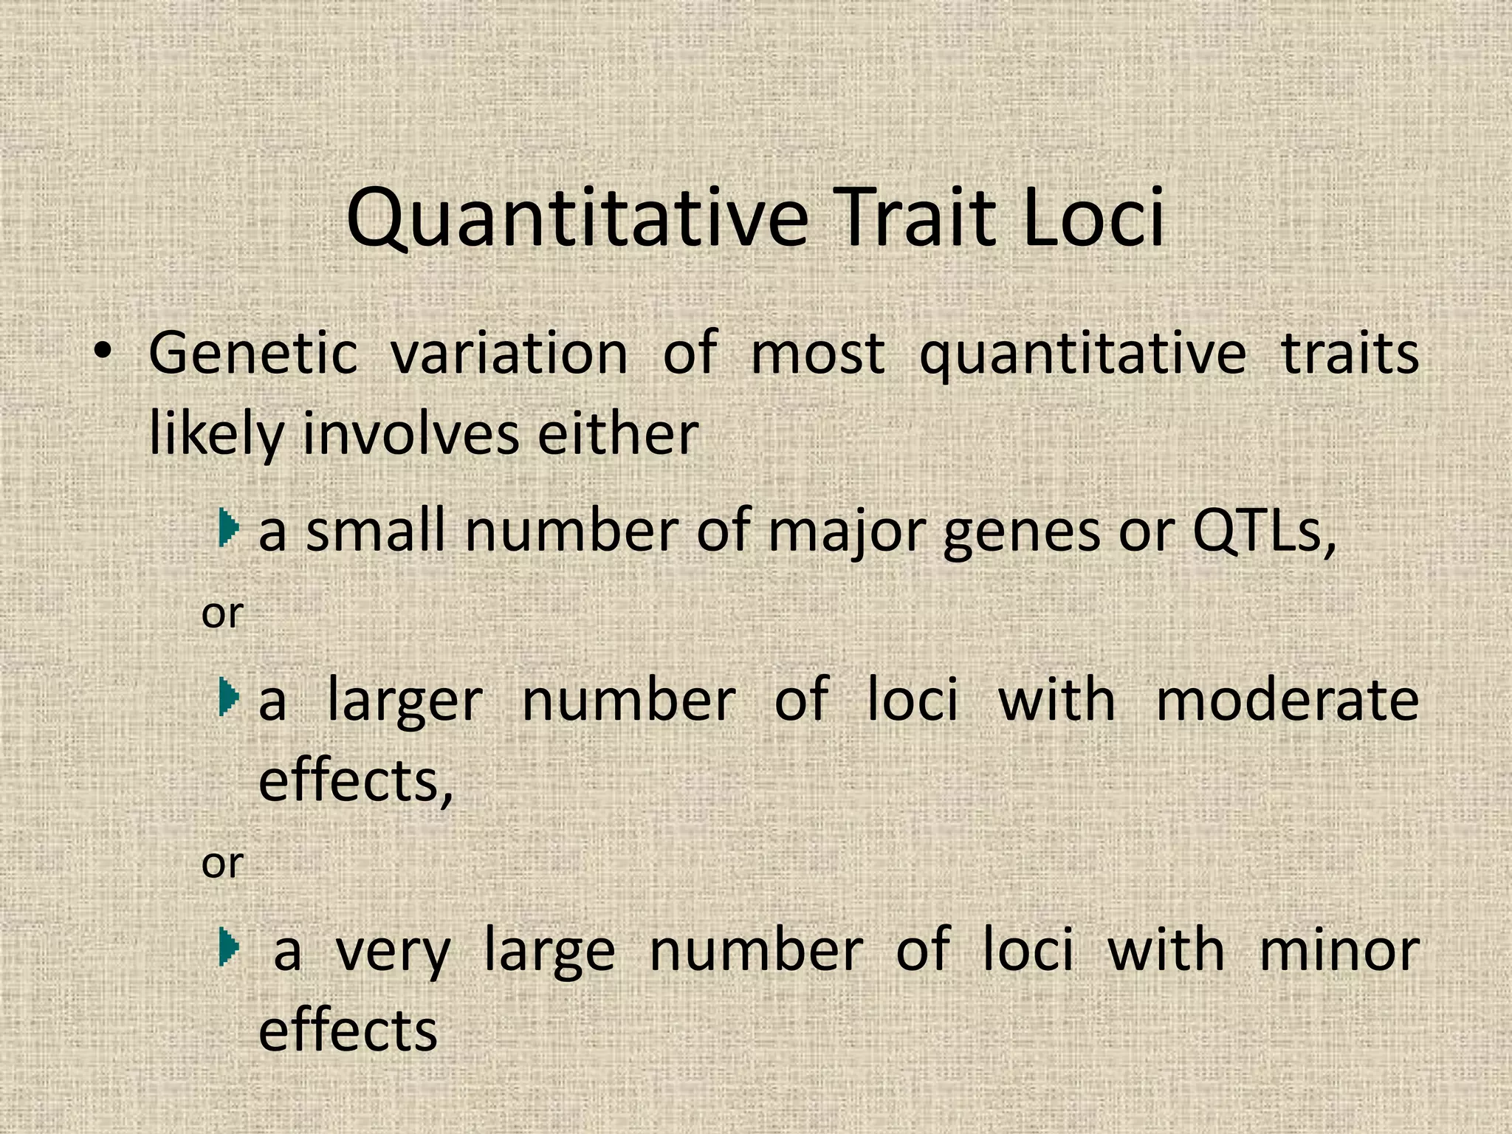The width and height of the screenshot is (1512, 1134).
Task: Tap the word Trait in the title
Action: tap(915, 219)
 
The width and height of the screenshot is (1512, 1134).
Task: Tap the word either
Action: tap(617, 435)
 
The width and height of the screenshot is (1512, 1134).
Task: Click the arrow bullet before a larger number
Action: tap(230, 698)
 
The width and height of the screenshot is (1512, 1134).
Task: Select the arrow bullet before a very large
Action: tap(230, 947)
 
